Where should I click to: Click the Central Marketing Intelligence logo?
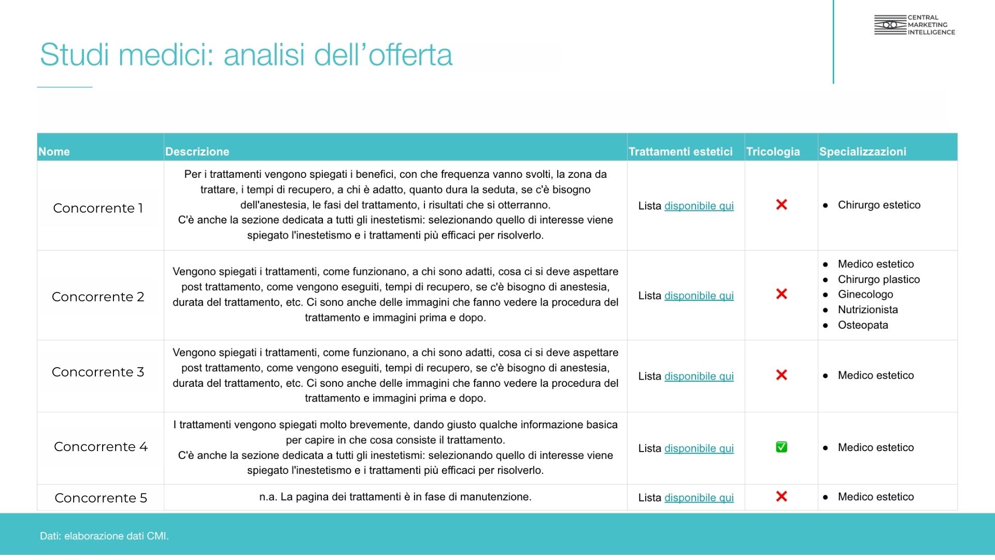914,25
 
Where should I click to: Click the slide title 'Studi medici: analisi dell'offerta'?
246,55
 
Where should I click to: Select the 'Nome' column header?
54,151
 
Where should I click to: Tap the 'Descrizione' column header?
197,151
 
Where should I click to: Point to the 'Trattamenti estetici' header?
680,151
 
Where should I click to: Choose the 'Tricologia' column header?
773,151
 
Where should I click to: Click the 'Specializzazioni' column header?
862,151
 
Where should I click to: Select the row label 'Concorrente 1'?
98,208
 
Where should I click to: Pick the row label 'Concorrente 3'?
98,372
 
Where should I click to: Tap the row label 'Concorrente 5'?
101,498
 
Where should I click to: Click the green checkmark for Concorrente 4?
781,447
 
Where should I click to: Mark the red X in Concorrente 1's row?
781,205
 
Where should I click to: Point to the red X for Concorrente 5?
781,497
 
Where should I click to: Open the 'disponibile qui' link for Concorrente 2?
699,296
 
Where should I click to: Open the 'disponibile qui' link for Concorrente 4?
699,449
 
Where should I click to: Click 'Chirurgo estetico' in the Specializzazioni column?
879,205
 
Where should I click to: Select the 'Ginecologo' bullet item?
865,295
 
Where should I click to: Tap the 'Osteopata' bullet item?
863,325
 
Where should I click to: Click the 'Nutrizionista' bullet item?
868,310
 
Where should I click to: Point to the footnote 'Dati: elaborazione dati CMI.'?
104,536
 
